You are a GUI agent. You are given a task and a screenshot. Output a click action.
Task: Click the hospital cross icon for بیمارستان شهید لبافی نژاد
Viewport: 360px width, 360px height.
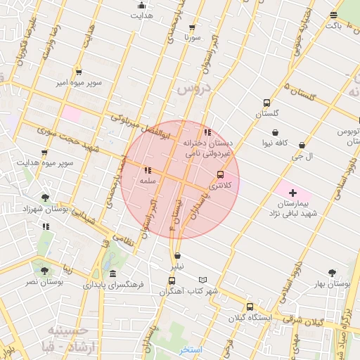(293, 192)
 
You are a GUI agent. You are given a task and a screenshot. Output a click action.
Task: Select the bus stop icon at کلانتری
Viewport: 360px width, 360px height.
(220, 174)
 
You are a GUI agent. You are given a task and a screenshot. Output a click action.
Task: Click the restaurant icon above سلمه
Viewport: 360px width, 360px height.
(148, 170)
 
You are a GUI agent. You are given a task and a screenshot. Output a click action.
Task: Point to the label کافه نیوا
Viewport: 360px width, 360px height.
(276, 143)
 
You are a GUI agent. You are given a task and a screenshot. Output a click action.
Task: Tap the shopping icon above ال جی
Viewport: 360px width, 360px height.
(302, 145)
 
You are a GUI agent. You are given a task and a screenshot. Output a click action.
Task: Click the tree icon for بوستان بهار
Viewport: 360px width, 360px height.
(332, 272)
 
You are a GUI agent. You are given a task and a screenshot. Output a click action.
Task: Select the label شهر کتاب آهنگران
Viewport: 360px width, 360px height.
(188, 290)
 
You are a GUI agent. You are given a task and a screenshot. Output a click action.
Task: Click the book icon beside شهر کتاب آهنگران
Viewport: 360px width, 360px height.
(203, 279)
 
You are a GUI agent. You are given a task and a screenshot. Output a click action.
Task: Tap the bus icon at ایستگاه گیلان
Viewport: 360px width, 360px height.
(250, 307)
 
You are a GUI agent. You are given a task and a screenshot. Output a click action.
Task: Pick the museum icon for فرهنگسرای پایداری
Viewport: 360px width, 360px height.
(113, 274)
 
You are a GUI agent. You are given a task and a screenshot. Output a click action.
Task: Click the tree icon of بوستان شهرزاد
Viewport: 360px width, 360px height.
(46, 198)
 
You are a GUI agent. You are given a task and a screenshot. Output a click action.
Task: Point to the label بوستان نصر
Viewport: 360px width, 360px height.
(46, 281)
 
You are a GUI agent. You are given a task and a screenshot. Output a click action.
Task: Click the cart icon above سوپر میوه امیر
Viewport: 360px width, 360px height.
(78, 72)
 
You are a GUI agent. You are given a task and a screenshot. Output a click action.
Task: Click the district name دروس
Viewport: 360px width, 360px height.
(193, 89)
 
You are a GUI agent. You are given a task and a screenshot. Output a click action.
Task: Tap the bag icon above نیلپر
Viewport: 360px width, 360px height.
(176, 255)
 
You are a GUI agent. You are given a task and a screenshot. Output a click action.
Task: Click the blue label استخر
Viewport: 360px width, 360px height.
(191, 349)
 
